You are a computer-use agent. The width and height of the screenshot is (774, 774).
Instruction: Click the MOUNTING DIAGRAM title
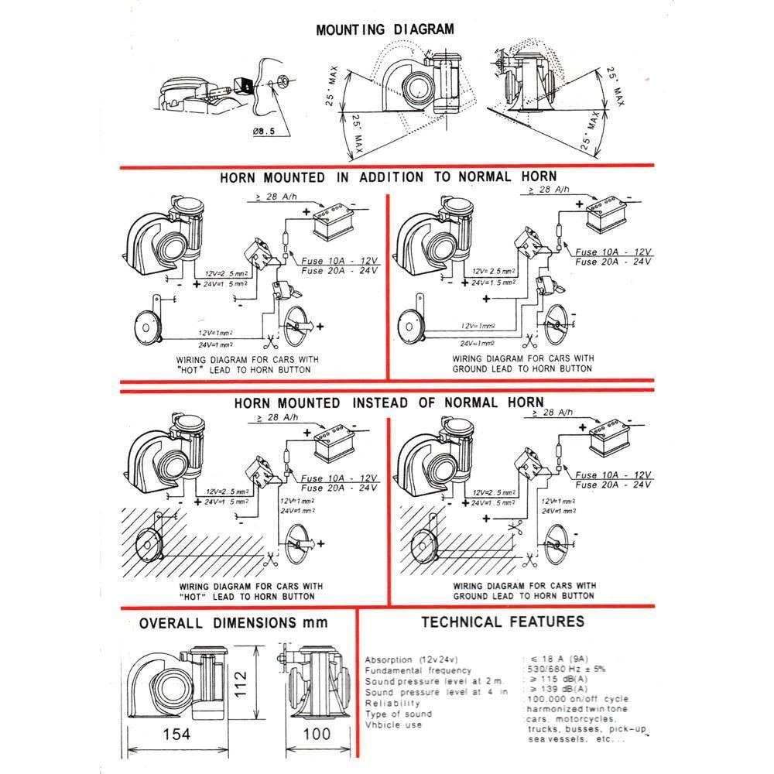point(385,30)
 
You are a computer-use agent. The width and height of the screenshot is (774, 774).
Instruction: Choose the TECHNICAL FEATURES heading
point(502,622)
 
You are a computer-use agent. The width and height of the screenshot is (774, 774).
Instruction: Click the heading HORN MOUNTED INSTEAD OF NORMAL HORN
point(389,403)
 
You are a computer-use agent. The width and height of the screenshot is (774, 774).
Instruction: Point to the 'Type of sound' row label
point(398,714)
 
